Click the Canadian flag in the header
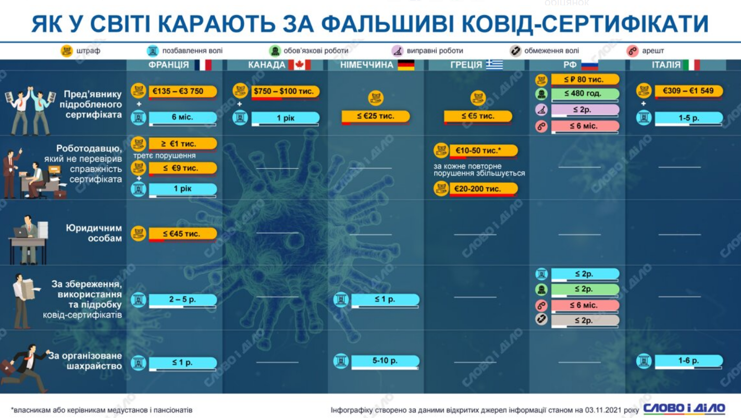click(x=300, y=65)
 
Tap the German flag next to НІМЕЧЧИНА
click(x=406, y=65)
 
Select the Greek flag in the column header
click(x=494, y=65)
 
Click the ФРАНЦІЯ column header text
click(x=169, y=65)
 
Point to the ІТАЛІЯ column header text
click(x=666, y=65)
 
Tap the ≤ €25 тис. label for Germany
click(x=376, y=116)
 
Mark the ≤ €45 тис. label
click(x=182, y=234)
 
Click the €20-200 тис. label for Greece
click(x=484, y=189)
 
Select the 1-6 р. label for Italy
click(x=689, y=361)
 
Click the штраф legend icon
click(x=67, y=51)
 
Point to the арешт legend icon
click(x=632, y=51)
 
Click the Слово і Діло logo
click(x=684, y=409)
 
